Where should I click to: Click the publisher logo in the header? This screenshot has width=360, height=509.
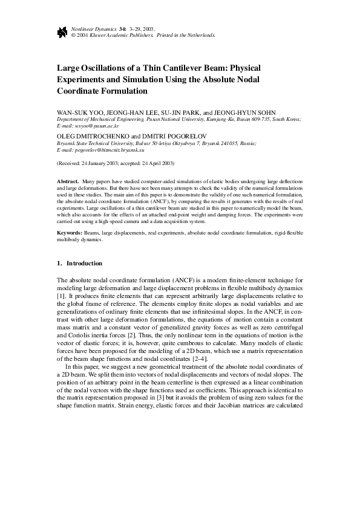coord(62,32)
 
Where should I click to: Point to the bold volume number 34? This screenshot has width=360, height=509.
coord(122,29)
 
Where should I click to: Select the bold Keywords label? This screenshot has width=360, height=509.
coord(70,233)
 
